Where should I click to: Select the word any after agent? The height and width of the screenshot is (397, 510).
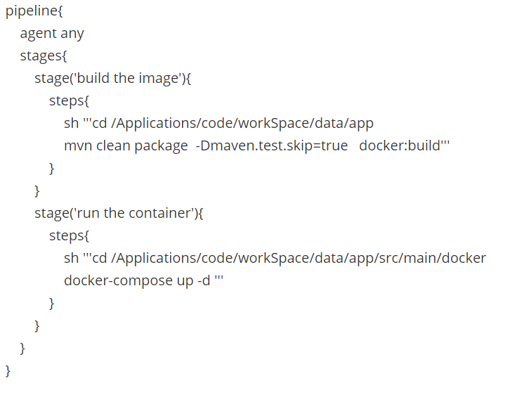click(72, 34)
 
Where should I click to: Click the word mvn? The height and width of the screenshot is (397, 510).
click(78, 145)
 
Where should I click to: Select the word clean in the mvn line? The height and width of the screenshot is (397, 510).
click(113, 145)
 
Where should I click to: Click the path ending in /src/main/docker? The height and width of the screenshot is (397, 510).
click(298, 258)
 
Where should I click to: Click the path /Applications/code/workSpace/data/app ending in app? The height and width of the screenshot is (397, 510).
click(242, 123)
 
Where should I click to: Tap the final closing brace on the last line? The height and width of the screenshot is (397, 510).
click(8, 370)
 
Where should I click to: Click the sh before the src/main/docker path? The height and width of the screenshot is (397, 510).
click(71, 258)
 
